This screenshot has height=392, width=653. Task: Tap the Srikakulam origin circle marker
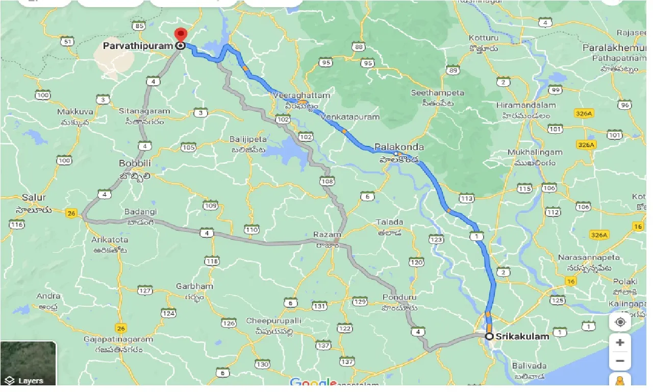(489, 336)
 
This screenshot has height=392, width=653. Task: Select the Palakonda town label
(399, 147)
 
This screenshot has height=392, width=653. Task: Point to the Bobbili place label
(135, 163)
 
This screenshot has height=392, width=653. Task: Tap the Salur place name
(34, 197)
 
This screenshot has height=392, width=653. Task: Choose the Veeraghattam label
(302, 95)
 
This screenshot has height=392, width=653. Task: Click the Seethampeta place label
(438, 93)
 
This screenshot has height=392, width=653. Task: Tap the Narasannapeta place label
(589, 257)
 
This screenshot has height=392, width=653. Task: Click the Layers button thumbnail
(28, 363)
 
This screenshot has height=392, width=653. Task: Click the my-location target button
(620, 322)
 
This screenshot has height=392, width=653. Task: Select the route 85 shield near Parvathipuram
(138, 26)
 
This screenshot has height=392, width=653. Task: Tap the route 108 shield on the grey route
(327, 181)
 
